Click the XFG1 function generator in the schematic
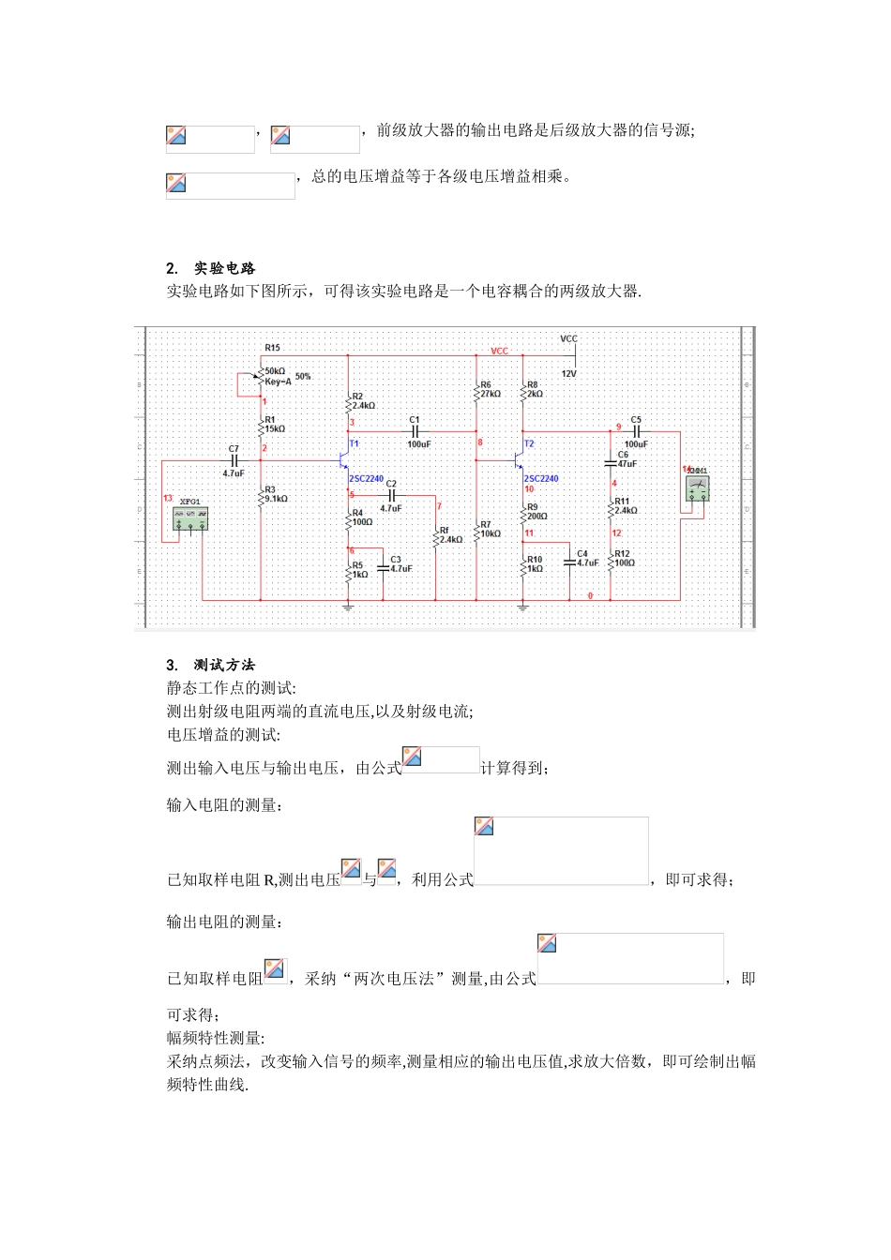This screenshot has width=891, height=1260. pos(190,518)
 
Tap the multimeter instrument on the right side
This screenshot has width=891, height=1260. pos(697,488)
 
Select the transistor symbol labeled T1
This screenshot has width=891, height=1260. pos(343,459)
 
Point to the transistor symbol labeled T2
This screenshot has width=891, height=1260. pos(519,460)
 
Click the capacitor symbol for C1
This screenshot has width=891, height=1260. pos(415,431)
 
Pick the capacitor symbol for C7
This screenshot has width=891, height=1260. pos(234,460)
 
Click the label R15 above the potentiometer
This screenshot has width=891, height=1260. pos(272,348)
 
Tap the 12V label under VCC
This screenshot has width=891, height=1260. pos(569,373)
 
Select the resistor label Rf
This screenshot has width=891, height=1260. pos(445,531)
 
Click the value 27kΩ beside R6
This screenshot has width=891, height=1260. pos(491,395)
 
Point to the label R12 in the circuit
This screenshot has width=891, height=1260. pos(623,554)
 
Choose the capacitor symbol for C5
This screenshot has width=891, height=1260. pos(636,431)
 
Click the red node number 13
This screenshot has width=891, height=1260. pos(168,498)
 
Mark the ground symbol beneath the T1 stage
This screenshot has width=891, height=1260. pos(348,607)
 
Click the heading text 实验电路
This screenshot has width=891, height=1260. pos(225,269)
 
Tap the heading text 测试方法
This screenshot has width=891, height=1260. pos(225,666)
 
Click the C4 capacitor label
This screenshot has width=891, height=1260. pos(582,553)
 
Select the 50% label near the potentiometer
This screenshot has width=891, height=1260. pos(303,377)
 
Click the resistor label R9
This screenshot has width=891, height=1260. pos(533,507)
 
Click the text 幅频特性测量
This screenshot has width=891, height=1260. pos(215,1039)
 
